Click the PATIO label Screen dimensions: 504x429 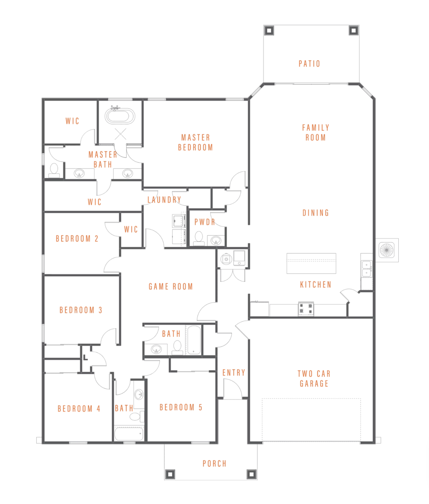(309, 64)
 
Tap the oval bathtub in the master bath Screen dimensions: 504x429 (119, 116)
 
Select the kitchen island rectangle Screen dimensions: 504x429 (311, 263)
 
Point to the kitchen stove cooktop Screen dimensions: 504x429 (306, 309)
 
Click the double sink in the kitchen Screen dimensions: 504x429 (367, 269)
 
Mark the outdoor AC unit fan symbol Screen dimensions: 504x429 (386, 250)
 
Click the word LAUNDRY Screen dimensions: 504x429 (164, 200)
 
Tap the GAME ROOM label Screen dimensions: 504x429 (171, 287)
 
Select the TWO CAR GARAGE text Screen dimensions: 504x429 (314, 379)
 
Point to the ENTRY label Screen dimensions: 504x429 (234, 373)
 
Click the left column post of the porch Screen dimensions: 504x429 (170, 474)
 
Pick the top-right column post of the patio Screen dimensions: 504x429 (353, 30)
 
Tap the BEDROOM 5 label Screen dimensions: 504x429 (181, 407)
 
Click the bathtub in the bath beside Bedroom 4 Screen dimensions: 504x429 (129, 434)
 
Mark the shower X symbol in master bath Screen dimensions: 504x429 (120, 134)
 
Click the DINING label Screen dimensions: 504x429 (315, 213)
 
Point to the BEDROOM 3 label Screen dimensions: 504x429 (81, 310)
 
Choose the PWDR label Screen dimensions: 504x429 (205, 222)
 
